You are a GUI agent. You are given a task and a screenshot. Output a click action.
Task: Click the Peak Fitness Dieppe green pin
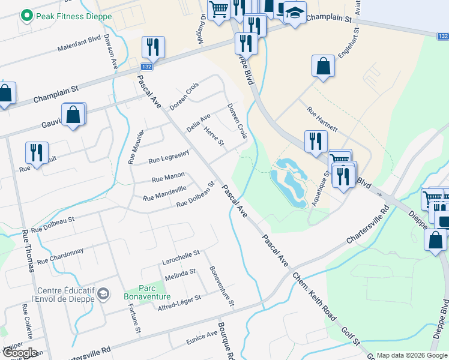pyautogui.click(x=26, y=16)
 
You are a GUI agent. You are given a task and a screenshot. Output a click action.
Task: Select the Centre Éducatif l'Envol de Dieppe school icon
pyautogui.click(x=103, y=293)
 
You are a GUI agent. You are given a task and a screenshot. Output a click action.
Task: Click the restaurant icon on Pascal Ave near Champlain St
pyautogui.click(x=153, y=47)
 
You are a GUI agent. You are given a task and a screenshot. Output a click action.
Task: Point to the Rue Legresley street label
pyautogui.click(x=169, y=157)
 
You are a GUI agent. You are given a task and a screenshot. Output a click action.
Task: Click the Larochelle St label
pyautogui.click(x=181, y=258)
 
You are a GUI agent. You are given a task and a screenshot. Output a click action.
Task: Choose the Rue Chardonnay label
pyautogui.click(x=60, y=257)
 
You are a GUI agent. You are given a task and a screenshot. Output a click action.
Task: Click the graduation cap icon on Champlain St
pyautogui.click(x=295, y=13)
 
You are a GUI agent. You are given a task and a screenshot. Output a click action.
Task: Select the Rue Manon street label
pyautogui.click(x=168, y=179)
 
